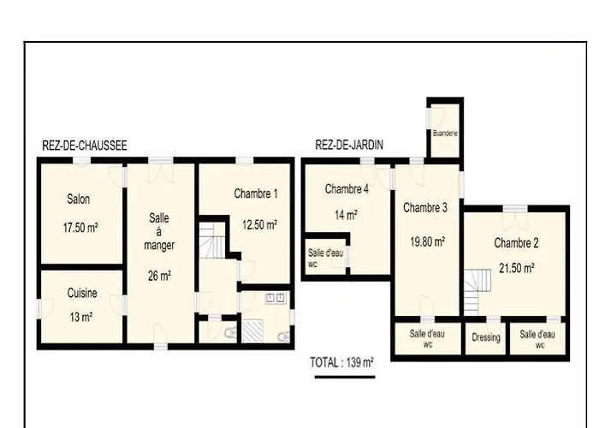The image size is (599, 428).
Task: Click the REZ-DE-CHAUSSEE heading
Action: click(85, 146)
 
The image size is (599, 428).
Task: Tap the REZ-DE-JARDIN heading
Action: click(349, 145)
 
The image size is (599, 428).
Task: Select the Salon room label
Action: click(79, 199)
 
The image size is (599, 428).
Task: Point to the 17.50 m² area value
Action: click(80, 228)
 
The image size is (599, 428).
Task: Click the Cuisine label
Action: click(82, 293)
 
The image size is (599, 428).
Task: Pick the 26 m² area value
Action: click(159, 276)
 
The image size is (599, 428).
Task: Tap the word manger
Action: click(159, 246)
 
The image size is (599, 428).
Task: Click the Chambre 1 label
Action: click(256, 193)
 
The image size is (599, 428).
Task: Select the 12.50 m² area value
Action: click(260, 224)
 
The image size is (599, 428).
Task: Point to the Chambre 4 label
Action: click(347, 189)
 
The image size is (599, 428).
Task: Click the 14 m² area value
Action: click(346, 215)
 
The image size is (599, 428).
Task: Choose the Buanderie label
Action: click(445, 134)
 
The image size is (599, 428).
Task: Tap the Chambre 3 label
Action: click(425, 208)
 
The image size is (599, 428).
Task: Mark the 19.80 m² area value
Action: click(428, 241)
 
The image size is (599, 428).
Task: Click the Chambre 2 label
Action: click(517, 243)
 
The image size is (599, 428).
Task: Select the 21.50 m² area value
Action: click(517, 268)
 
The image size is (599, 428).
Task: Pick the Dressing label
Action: click(486, 337)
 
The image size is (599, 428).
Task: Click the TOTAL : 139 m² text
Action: click(341, 362)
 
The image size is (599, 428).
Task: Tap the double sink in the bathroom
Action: click(275, 298)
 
